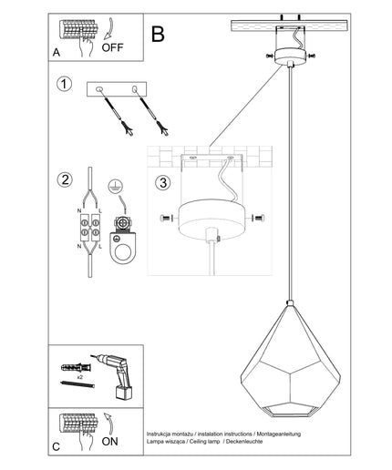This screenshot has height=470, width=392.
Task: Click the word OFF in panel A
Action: pyautogui.click(x=112, y=47)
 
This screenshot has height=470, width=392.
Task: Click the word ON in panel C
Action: pyautogui.click(x=110, y=442)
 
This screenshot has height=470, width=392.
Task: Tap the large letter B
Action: pyautogui.click(x=158, y=34)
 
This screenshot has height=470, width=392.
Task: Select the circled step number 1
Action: pyautogui.click(x=65, y=84)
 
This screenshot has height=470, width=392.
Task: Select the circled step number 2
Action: pyautogui.click(x=65, y=179)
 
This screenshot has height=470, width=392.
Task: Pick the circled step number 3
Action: pyautogui.click(x=163, y=183)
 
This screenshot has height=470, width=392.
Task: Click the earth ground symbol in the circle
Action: pyautogui.click(x=115, y=187)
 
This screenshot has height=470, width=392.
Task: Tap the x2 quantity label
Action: pyautogui.click(x=80, y=377)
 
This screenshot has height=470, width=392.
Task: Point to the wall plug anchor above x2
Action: pyautogui.click(x=76, y=368)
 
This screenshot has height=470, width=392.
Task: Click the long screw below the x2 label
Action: pyautogui.click(x=77, y=384)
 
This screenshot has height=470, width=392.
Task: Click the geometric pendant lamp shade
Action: pyautogui.click(x=290, y=361)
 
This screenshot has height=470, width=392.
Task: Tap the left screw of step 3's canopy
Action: pyautogui.click(x=166, y=218)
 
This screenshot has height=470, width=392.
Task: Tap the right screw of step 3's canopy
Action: pyautogui.click(x=258, y=218)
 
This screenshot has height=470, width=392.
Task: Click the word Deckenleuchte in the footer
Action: pyautogui.click(x=244, y=442)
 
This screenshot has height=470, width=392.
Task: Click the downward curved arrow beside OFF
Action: pyautogui.click(x=108, y=29)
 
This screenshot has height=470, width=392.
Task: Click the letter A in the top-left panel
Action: pyautogui.click(x=57, y=53)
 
